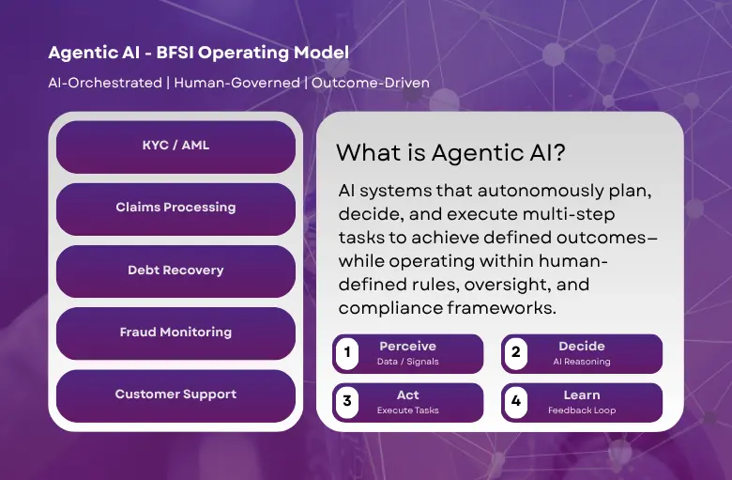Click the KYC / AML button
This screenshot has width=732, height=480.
coord(175,145)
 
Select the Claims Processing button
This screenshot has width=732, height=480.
coord(175,208)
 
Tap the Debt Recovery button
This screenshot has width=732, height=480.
coord(175,271)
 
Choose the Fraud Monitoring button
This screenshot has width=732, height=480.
coord(175,333)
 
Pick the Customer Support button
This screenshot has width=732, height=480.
coord(175,395)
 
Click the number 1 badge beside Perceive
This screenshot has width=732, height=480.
coord(348,354)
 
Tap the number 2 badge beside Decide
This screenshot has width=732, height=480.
coord(515,354)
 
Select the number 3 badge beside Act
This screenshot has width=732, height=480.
coord(348,402)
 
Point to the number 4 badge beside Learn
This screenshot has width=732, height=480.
coord(515,402)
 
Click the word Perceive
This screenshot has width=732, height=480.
coord(407,347)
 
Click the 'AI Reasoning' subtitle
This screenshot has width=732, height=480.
coord(582,362)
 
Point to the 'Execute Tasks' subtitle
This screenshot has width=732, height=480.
coord(407,410)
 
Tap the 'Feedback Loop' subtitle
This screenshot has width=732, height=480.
coord(582,410)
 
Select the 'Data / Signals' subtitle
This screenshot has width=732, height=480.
coord(407,362)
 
